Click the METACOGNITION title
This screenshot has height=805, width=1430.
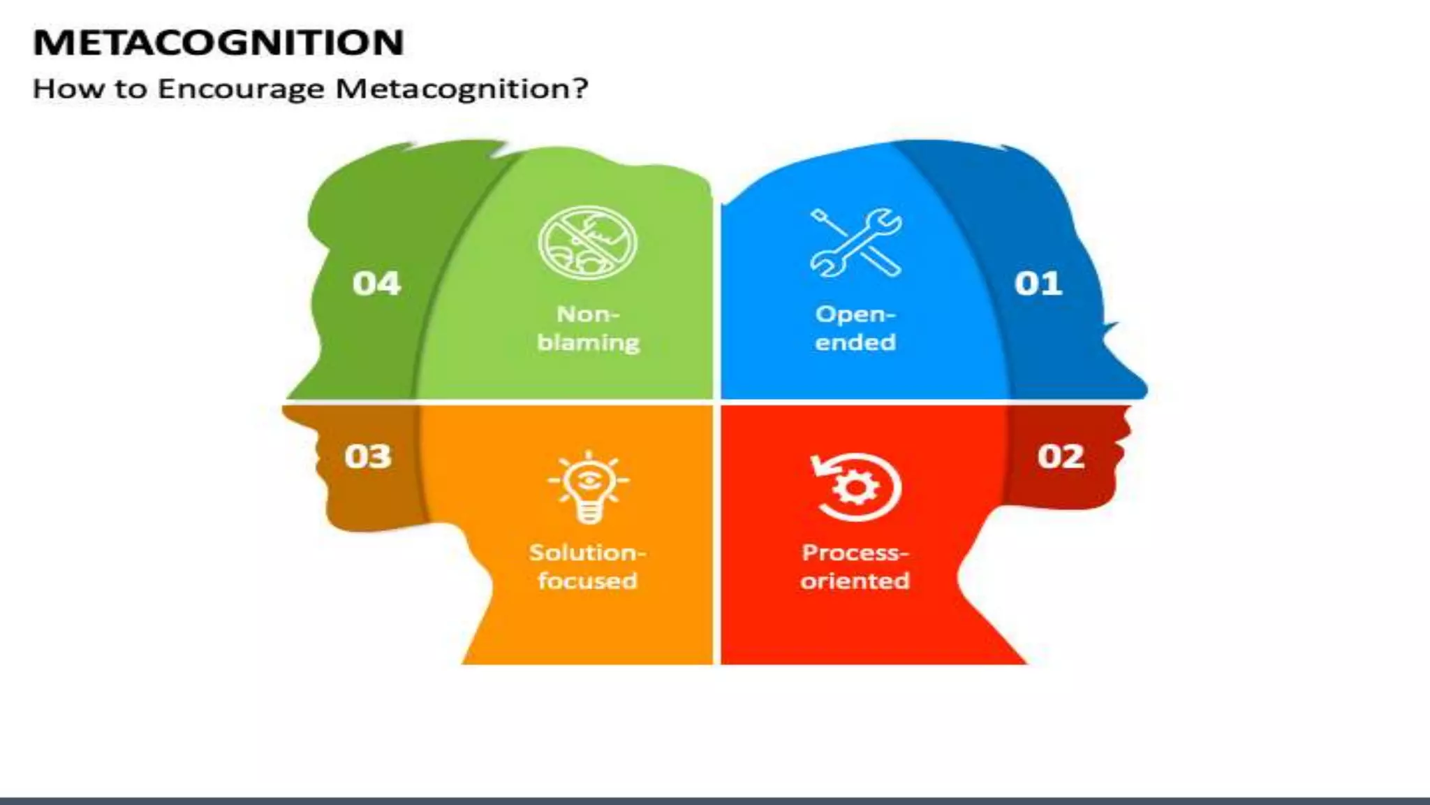(219, 43)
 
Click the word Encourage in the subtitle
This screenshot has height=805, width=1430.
(241, 89)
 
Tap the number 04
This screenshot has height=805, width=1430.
(376, 284)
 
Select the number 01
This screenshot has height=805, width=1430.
(1038, 284)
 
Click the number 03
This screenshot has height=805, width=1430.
(368, 456)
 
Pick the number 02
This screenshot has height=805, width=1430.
(1061, 456)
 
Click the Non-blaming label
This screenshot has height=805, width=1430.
(588, 328)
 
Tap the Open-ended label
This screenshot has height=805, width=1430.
(855, 328)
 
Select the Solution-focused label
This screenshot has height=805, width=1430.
(587, 567)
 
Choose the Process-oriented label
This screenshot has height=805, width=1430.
(855, 567)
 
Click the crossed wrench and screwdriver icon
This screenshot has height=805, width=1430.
(856, 242)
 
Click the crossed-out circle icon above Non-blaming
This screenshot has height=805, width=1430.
(588, 242)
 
